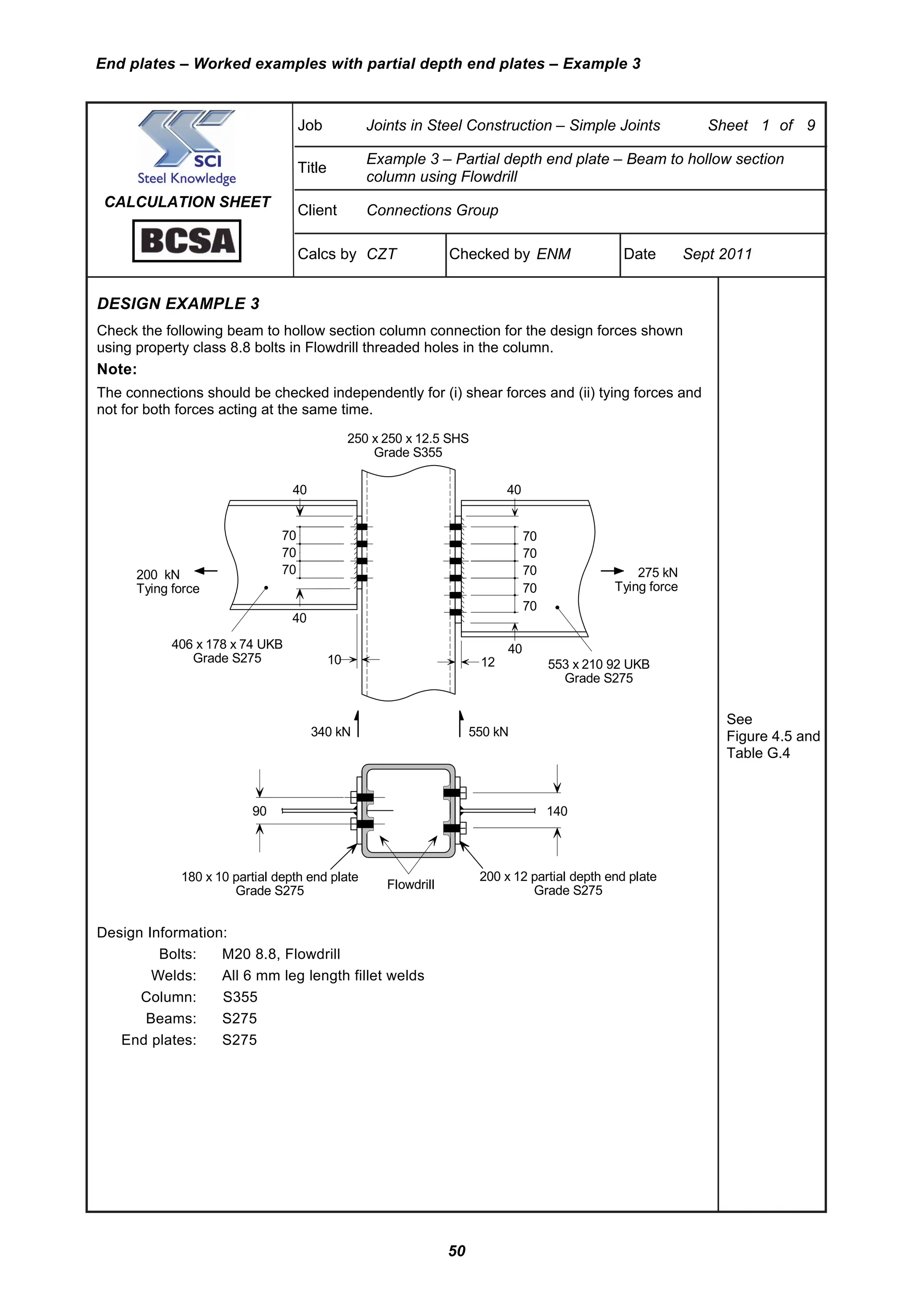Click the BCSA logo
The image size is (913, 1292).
point(187,241)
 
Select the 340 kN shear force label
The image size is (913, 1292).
point(330,731)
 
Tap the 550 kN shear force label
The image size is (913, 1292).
point(488,731)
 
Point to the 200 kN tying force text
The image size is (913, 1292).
point(158,574)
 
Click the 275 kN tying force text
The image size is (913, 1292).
point(657,572)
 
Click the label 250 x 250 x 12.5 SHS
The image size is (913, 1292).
point(408,438)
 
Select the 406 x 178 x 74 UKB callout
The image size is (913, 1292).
point(227,644)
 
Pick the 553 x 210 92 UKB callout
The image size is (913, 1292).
point(599,664)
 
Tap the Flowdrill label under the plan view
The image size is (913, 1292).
point(411,884)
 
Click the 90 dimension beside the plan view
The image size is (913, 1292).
point(259,811)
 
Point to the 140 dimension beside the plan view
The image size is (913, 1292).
point(557,811)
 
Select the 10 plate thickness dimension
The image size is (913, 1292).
point(334,660)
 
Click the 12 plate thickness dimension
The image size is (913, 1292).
point(488,662)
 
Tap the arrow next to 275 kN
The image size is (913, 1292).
point(612,571)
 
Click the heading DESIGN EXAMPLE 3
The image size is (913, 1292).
point(178,304)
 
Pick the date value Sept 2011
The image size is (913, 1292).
point(717,254)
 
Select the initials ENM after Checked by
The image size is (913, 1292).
point(554,254)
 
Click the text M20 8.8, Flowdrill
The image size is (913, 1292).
point(281,954)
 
